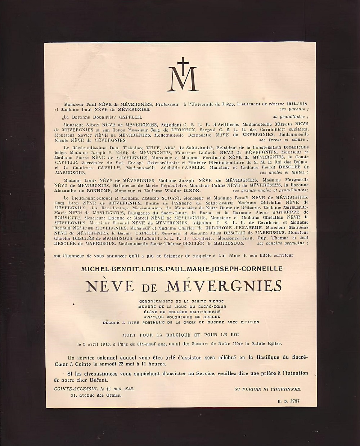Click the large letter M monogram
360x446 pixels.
pos(183,78)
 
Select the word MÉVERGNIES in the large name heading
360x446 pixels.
pos(223,286)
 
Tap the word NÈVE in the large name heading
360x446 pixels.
pos(110,286)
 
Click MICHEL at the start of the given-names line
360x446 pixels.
pos(94,269)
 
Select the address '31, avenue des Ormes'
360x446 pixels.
pos(96,395)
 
